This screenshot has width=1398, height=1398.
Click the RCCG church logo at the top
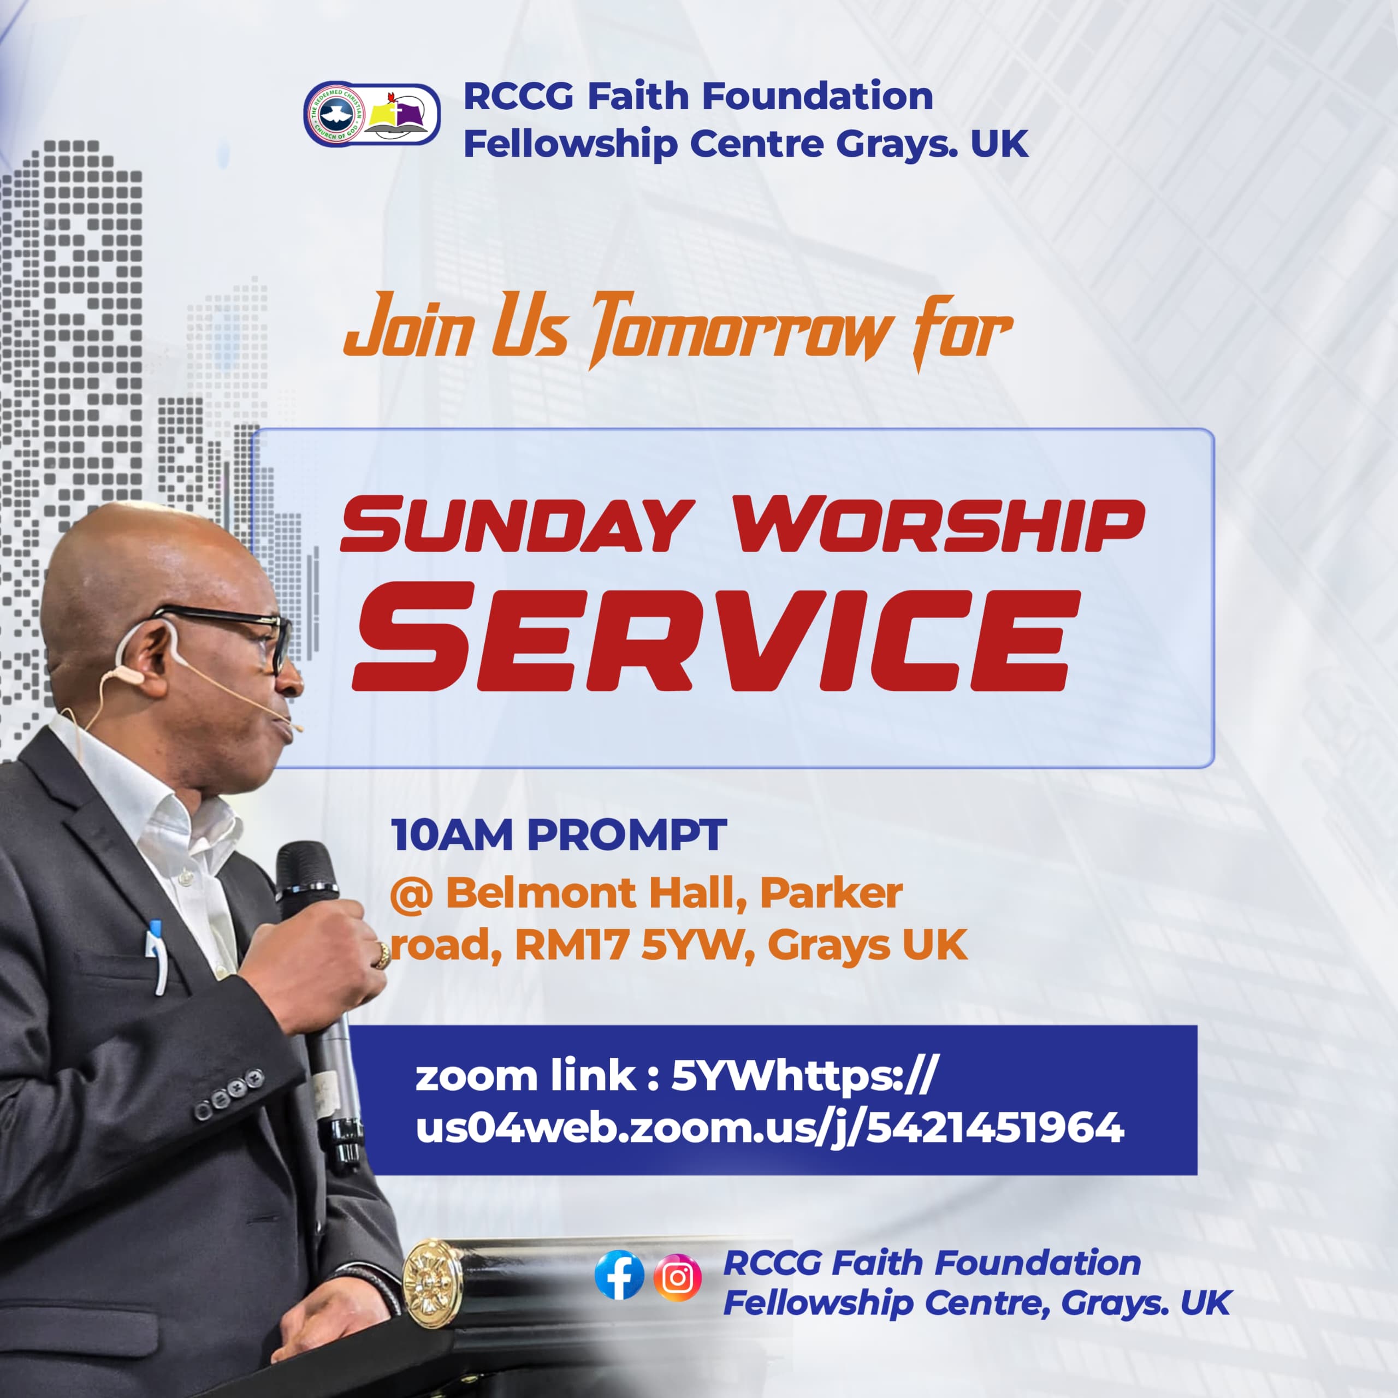click(372, 114)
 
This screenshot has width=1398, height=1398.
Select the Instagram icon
click(677, 1277)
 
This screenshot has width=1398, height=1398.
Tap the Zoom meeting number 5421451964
click(995, 1127)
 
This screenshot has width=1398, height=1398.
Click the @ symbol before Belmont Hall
click(412, 895)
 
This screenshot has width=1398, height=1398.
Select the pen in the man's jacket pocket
click(156, 955)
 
